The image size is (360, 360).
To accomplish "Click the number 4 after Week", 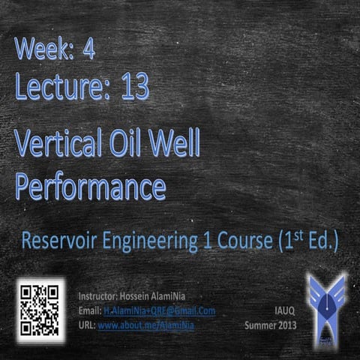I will tap(88, 50).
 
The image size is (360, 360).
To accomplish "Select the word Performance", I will tap(90, 186).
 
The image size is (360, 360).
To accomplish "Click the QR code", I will tap(40, 309).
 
